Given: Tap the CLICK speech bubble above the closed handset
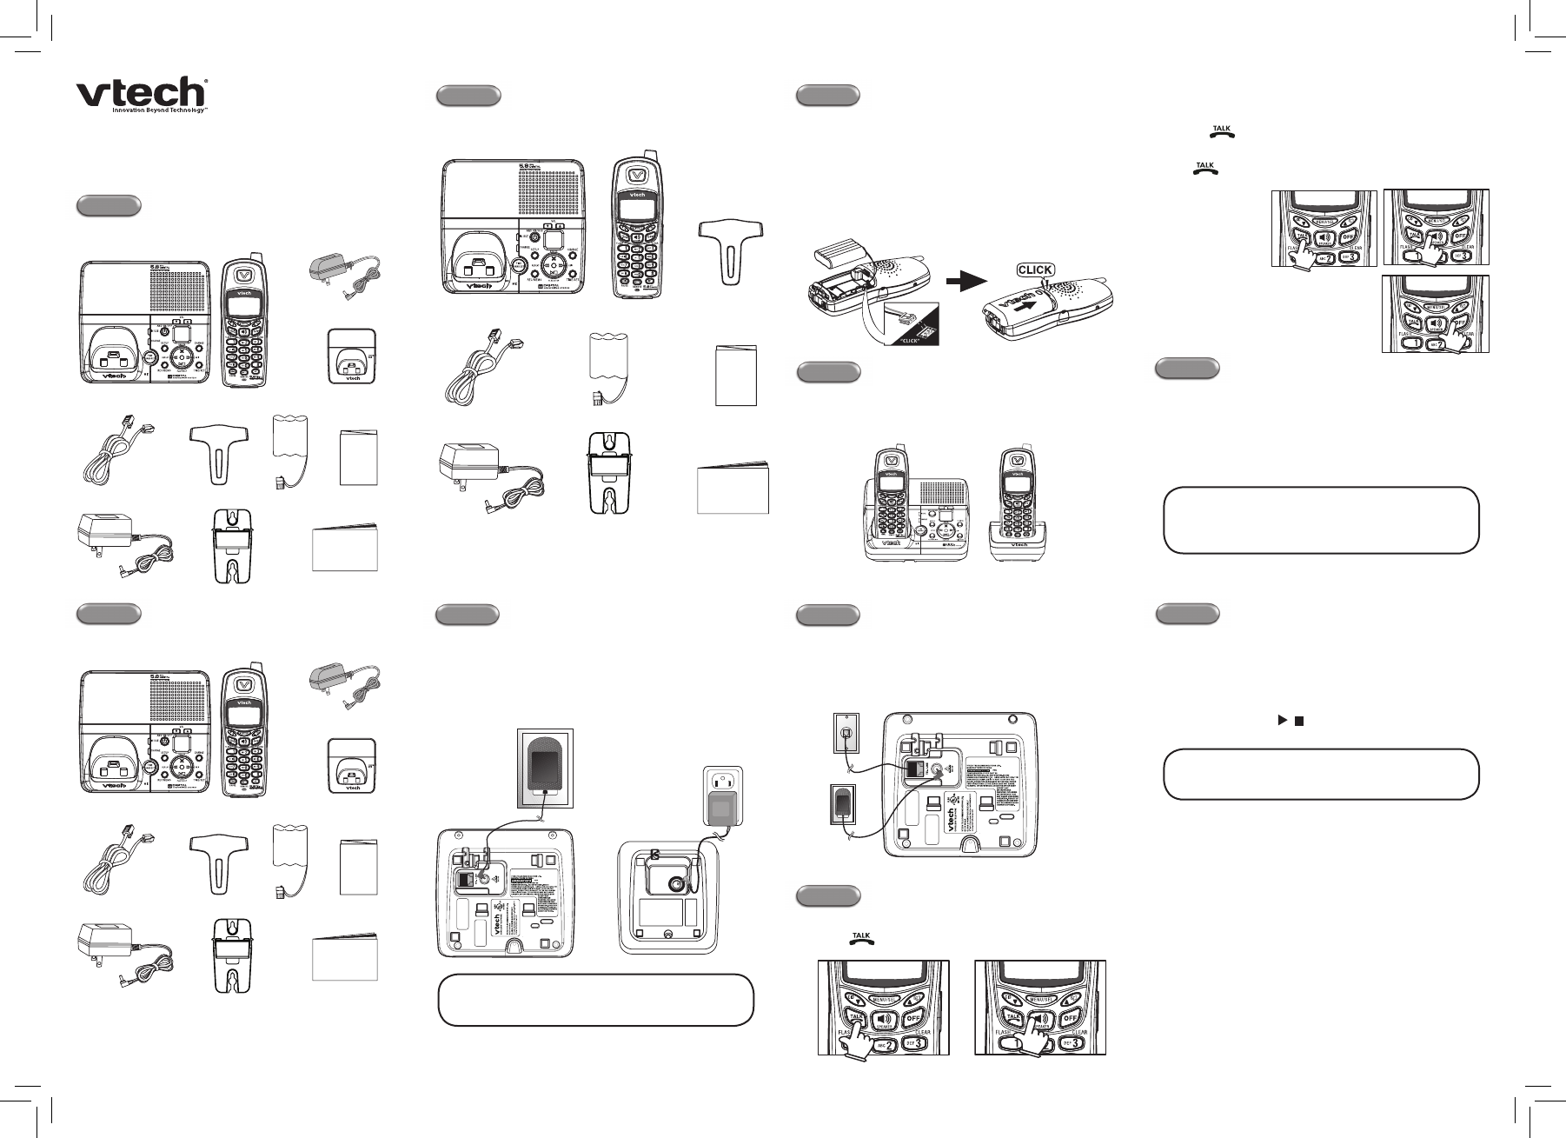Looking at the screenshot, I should click(1035, 270).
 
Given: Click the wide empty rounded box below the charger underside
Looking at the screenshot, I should click(595, 1000).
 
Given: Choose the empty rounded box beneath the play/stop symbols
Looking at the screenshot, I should click(1320, 774).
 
